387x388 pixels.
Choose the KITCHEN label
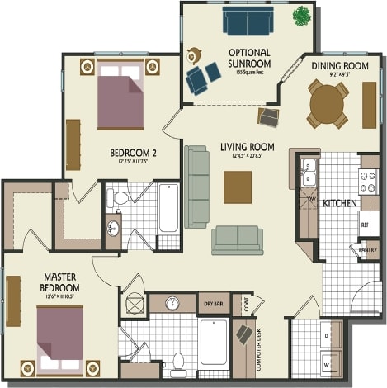coord(339,202)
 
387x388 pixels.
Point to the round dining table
coord(328,104)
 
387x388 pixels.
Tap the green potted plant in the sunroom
coord(302,15)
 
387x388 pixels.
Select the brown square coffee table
coord(238,187)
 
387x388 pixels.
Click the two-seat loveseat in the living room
coord(237,239)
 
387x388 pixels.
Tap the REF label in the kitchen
coord(364,224)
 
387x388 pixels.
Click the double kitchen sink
coord(309,173)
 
